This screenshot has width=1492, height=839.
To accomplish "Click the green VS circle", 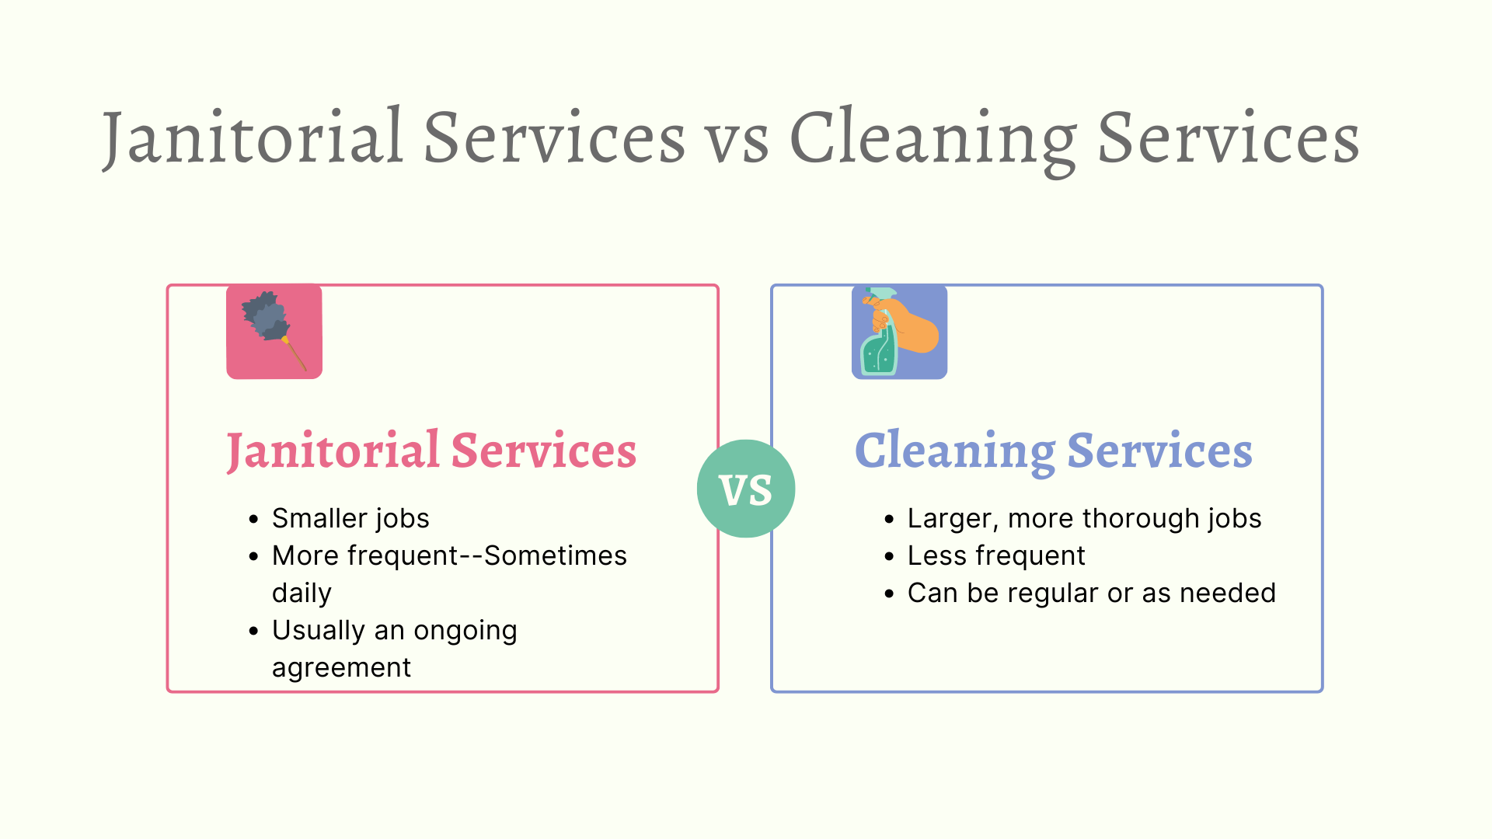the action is pos(746,489).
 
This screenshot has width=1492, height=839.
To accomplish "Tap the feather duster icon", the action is pos(274,332).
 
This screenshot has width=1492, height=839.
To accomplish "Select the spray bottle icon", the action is pos(899,332).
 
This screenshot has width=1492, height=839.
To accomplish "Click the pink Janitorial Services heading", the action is pos(431,451).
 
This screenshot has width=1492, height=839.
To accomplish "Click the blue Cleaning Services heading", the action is pos(1054,451).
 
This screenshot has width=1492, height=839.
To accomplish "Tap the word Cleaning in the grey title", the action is pos(933,141).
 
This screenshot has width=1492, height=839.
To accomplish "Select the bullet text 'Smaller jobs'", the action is pos(350,518).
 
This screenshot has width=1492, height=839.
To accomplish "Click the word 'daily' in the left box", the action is pos(302,593).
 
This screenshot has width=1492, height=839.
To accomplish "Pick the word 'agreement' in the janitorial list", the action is pos(341,668).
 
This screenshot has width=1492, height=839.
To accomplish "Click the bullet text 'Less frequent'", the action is pos(996,555).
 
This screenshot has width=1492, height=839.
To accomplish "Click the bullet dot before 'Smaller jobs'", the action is pos(253,519).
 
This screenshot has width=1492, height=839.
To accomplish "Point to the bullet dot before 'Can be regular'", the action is pos(889,594).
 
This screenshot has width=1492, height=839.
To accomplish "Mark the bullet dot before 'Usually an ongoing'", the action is pos(253,631).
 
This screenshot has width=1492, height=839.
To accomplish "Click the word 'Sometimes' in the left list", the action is pos(555,555).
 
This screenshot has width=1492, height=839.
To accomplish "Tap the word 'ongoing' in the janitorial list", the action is pos(465,631).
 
